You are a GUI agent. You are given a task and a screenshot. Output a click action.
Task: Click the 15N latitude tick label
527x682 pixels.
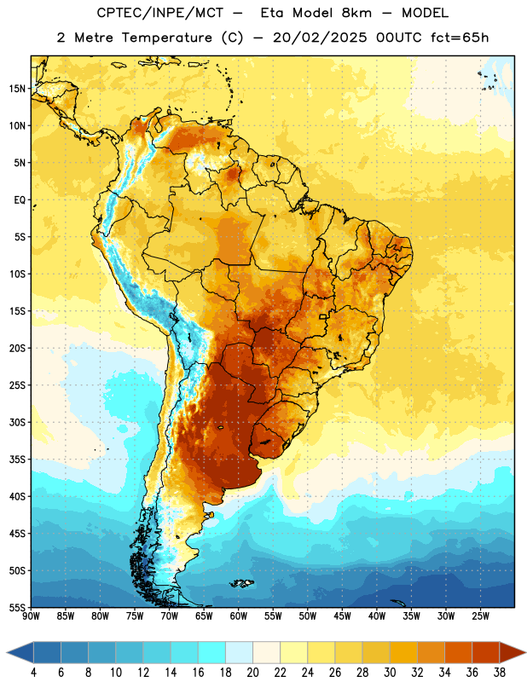17,89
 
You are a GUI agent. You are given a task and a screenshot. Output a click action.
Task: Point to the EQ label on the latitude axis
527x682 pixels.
20,200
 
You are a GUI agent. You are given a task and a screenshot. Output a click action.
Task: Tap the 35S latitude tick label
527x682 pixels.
17,459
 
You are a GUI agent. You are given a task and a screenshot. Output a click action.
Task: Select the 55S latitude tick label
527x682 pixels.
17,607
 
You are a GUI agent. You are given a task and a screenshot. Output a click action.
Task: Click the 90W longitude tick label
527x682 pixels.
32,616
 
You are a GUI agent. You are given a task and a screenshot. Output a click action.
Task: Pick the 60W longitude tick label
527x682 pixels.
239,616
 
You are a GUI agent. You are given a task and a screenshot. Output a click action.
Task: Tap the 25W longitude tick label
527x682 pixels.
480,616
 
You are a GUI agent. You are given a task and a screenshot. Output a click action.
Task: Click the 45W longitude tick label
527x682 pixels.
342,616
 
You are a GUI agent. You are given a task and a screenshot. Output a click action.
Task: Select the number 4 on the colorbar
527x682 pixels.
33,673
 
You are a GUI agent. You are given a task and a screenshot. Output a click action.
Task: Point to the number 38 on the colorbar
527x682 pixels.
500,673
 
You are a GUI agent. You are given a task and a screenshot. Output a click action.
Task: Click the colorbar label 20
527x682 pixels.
252,673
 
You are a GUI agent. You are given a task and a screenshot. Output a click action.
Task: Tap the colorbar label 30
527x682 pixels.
390,673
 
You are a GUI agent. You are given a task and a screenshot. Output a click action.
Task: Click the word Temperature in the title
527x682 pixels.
166,38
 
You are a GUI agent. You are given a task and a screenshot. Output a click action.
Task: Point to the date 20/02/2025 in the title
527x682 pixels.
320,38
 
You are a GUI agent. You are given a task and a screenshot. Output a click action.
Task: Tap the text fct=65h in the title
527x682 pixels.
460,38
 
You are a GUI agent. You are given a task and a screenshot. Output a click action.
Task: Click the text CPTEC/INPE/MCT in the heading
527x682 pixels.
159,13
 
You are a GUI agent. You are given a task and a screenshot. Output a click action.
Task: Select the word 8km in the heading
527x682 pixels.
356,13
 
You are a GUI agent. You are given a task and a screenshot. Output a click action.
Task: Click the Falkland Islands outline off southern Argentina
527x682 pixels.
242,583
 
